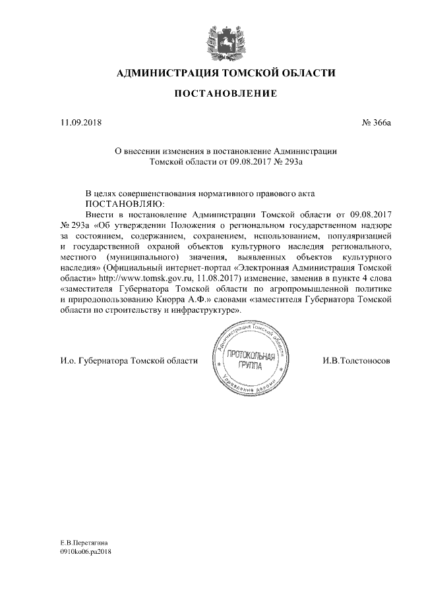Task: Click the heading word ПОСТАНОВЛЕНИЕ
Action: [225, 95]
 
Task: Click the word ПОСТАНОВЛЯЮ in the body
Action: [127, 204]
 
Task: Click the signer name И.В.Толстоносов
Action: [357, 362]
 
